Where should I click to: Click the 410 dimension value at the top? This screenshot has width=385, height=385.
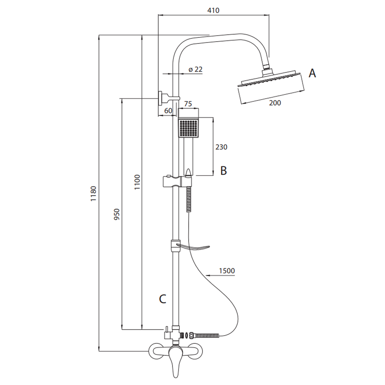pos(213,10)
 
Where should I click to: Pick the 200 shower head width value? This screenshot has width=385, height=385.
pos(275,103)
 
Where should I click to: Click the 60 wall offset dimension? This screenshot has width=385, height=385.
pos(168,110)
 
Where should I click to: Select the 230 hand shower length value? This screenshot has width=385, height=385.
pos(221,147)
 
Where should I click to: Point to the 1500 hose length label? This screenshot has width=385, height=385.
pos(227,271)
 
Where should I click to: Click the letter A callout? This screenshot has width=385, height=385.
pos(312,73)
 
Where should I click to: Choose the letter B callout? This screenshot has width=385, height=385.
pos(224,171)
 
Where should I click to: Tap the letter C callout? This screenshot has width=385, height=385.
pos(163,299)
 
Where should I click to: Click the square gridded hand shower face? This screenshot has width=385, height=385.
pos(188,128)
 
